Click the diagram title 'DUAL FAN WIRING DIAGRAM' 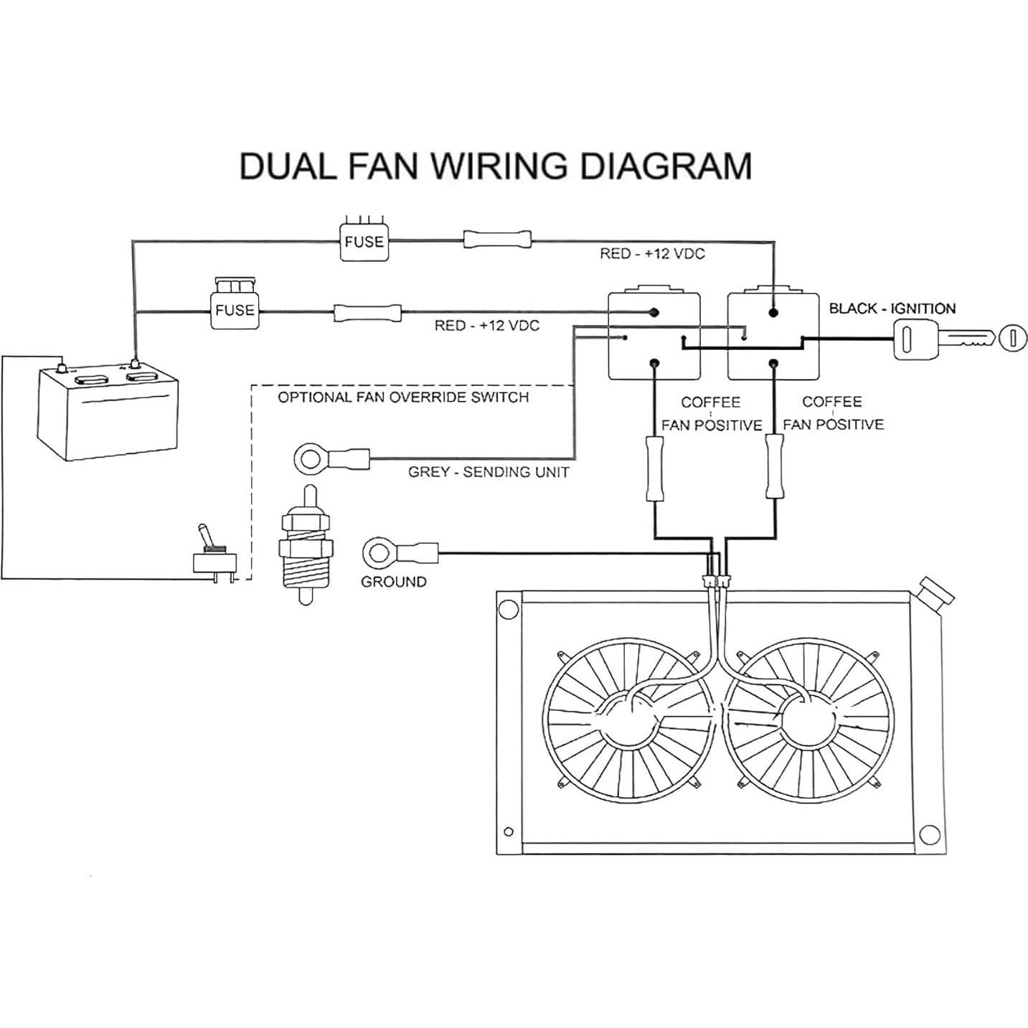click(495, 166)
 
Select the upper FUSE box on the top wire click(364, 241)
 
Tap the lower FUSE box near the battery click(235, 309)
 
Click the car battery click(108, 412)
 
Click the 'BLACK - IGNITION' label click(892, 308)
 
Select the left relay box click(654, 335)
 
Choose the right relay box click(773, 335)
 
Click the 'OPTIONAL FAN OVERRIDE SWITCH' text click(403, 397)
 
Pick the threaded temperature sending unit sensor click(306, 545)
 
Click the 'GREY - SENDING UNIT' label click(488, 472)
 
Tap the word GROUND click(393, 582)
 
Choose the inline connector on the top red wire click(498, 240)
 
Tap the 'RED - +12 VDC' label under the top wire click(652, 254)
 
